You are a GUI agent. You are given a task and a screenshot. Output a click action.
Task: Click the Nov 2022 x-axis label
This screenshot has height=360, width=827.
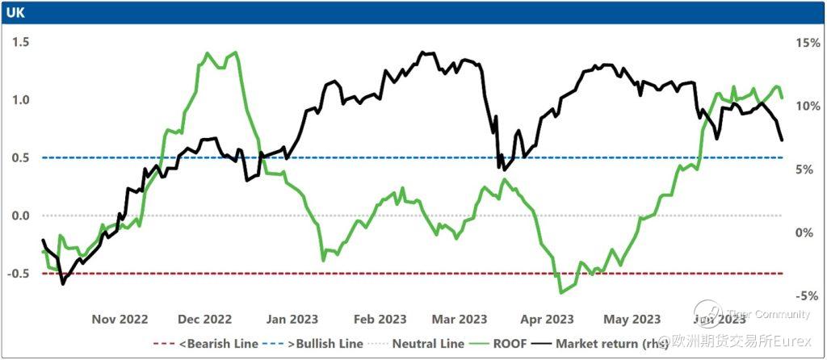(x=120, y=318)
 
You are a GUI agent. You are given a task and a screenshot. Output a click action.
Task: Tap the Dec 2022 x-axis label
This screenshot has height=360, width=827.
(x=205, y=318)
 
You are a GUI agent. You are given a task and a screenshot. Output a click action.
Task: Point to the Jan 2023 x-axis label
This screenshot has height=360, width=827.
(x=292, y=318)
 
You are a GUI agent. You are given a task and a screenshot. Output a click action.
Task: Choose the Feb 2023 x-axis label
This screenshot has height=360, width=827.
(x=380, y=318)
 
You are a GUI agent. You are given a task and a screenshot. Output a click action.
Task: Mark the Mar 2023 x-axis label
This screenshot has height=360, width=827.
(x=460, y=318)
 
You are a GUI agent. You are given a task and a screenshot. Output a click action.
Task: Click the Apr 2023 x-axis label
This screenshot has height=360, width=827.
(x=548, y=318)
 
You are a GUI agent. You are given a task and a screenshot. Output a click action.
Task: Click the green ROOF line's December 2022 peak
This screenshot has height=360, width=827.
(x=236, y=52)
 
